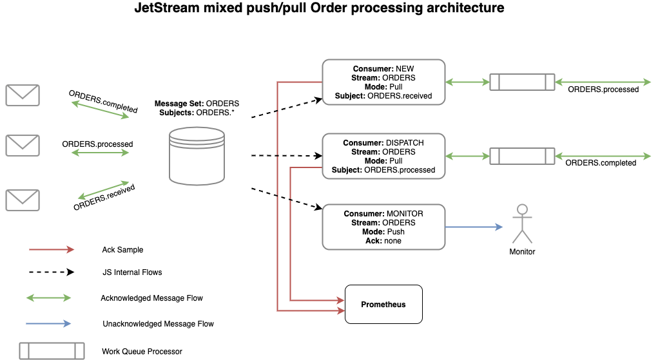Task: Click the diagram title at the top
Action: point(319,9)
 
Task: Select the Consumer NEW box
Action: point(383,82)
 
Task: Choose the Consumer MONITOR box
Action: point(383,227)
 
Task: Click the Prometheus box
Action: point(383,304)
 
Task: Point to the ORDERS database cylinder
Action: point(197,155)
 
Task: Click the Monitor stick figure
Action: point(522,223)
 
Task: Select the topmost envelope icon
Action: point(23,95)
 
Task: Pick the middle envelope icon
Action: point(23,145)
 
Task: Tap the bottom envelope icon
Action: point(23,200)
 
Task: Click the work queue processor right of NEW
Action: point(522,82)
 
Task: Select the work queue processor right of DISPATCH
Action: point(522,156)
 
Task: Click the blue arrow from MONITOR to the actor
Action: point(474,227)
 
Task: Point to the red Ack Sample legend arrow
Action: point(52,249)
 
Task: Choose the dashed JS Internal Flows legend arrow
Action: point(52,272)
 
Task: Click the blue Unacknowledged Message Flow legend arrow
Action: point(49,323)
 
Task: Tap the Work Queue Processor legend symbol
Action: point(52,351)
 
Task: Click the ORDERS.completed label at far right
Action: point(601,163)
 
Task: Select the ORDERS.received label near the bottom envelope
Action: point(104,197)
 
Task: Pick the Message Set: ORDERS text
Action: point(197,104)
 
